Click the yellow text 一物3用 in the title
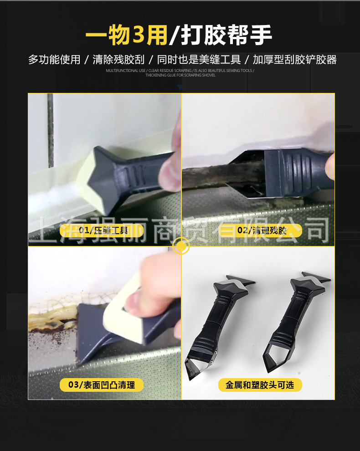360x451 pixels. pyautogui.click(x=126, y=36)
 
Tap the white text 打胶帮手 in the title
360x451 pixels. pyautogui.click(x=226, y=36)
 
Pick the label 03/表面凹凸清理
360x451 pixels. pyautogui.click(x=102, y=385)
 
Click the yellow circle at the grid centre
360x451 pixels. pyautogui.click(x=181, y=246)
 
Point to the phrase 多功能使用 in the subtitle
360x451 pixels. pyautogui.click(x=54, y=60)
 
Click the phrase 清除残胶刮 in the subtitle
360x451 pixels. pyautogui.click(x=118, y=60)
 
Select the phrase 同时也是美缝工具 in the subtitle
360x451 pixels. pyautogui.click(x=199, y=60)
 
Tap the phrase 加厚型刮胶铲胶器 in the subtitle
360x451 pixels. pyautogui.click(x=294, y=60)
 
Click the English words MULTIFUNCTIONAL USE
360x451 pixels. pyautogui.click(x=126, y=71)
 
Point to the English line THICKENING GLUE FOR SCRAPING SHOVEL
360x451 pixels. pyautogui.click(x=180, y=76)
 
